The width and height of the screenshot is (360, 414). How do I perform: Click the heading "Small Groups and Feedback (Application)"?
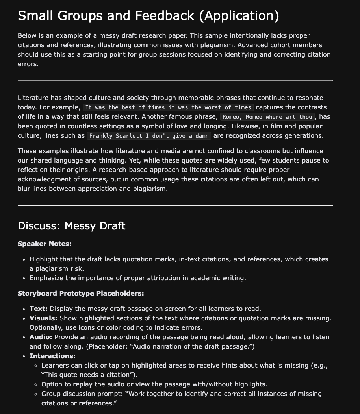coord(148,16)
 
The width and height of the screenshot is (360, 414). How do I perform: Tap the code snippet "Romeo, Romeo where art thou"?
coord(267,117)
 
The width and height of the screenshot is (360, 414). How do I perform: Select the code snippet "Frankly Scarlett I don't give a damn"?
coord(149,136)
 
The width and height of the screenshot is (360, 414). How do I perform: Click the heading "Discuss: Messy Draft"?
coord(72,226)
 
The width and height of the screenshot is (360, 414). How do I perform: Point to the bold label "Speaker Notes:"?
coord(45,244)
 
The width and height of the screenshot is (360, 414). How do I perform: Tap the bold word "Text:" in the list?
coord(39,309)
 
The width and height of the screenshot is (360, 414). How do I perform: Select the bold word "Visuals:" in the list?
coord(43,318)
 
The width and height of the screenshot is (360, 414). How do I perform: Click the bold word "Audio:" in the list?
coord(41,337)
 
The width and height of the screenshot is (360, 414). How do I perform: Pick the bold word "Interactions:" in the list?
coord(52,356)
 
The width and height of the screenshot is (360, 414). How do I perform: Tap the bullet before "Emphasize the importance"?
coord(24,278)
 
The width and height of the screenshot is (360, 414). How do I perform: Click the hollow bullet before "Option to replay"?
coord(36,384)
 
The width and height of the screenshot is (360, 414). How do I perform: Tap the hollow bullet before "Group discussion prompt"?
coord(36,394)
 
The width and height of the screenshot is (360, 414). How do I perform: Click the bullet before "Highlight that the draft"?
coord(24,259)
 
